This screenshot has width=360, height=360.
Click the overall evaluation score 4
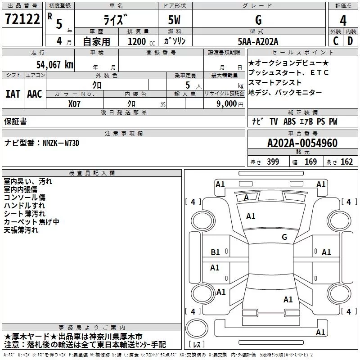pos(343,21)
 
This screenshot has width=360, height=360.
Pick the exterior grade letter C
pos(335,41)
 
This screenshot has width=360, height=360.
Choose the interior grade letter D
pos(350,41)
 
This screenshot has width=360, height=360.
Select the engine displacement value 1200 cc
pos(139,41)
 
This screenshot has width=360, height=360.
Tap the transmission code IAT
pos(13,94)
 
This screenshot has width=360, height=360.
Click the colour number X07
pos(75,103)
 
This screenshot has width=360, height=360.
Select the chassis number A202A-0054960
pos(302,143)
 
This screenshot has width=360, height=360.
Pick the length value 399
pos(273,162)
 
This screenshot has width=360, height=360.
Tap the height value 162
pos(346,162)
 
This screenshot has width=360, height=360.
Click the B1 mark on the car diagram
pos(216,252)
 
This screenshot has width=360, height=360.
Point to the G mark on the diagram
pos(284,237)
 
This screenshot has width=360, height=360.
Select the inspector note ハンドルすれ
pos(21,206)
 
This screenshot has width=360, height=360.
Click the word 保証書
pos(15,121)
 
